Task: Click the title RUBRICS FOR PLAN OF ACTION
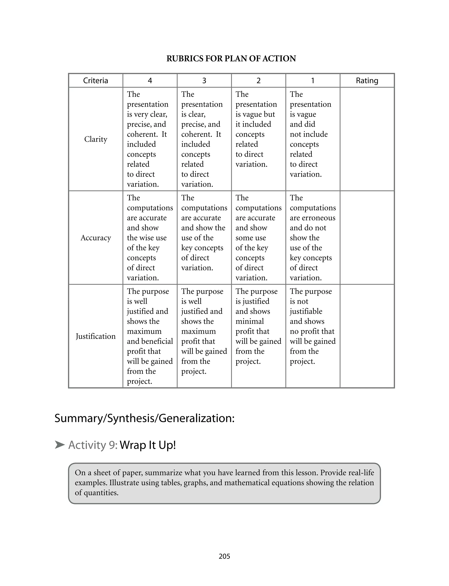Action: (231, 59)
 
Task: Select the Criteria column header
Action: (95, 81)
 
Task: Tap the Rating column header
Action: (367, 81)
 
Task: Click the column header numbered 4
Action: (150, 81)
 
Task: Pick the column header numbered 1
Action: (312, 81)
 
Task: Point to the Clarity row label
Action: (95, 139)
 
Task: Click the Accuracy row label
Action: (95, 238)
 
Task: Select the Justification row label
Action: (95, 336)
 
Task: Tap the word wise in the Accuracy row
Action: (147, 238)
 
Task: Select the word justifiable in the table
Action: (306, 311)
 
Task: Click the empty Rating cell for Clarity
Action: (367, 139)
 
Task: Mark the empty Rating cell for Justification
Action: (367, 336)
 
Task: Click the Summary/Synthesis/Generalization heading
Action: (144, 418)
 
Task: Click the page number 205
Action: (224, 556)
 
